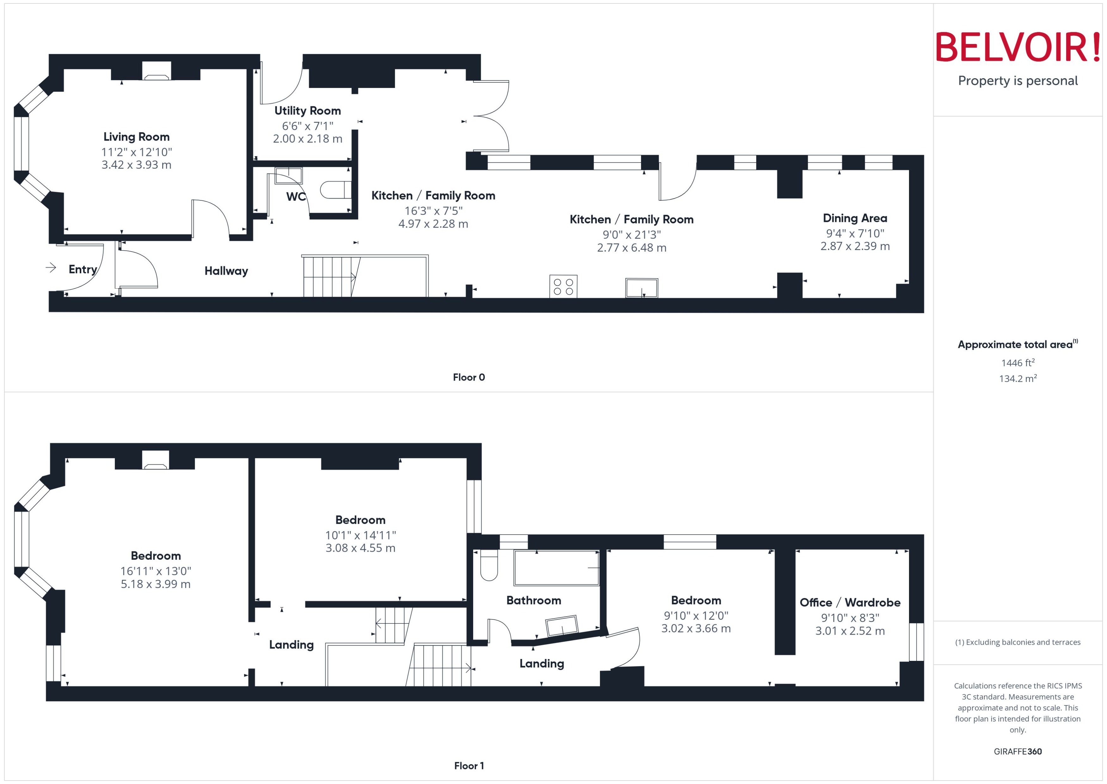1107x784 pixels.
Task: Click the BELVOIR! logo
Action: click(1018, 47)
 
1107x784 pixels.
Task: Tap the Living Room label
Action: click(137, 137)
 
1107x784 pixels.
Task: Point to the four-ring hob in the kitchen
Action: click(563, 286)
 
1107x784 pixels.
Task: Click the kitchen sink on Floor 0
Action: click(641, 288)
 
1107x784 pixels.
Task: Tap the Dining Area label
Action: click(855, 218)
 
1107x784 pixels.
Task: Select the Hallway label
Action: click(226, 271)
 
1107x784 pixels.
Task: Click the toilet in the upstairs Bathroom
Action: click(489, 566)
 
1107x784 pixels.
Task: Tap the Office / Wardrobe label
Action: click(850, 603)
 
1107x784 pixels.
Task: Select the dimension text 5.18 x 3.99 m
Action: click(156, 584)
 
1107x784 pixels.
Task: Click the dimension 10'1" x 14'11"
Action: click(360, 535)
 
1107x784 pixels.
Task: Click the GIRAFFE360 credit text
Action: click(1018, 752)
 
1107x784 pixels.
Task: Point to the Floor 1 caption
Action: click(469, 766)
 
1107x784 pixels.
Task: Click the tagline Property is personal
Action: click(1018, 81)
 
